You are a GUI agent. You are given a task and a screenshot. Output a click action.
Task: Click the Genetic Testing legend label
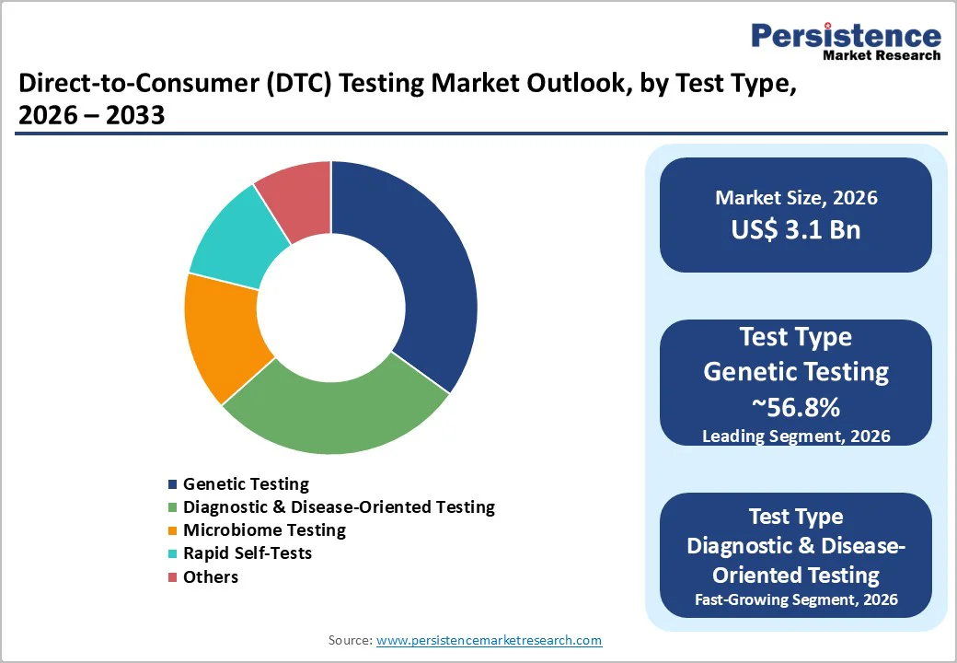246,483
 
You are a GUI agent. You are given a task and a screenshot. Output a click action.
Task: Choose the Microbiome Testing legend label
264,530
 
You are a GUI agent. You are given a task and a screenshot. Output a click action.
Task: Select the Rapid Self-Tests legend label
247,553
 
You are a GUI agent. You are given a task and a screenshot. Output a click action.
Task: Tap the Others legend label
211,577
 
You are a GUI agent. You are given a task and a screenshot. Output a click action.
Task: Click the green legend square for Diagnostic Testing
172,507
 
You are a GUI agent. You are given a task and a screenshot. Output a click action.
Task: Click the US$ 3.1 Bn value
796,229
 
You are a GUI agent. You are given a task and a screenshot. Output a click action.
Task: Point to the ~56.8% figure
796,407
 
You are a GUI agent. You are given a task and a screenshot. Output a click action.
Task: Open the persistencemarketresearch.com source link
489,640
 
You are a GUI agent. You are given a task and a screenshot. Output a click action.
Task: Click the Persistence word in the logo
846,36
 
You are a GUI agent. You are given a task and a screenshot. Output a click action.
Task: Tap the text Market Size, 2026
796,198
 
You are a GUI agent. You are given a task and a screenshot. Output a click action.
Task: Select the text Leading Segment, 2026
796,436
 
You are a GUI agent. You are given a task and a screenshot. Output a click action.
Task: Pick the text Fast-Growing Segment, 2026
796,601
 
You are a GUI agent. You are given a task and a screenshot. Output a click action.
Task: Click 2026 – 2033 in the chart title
91,116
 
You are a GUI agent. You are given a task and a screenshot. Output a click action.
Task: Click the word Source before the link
349,640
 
